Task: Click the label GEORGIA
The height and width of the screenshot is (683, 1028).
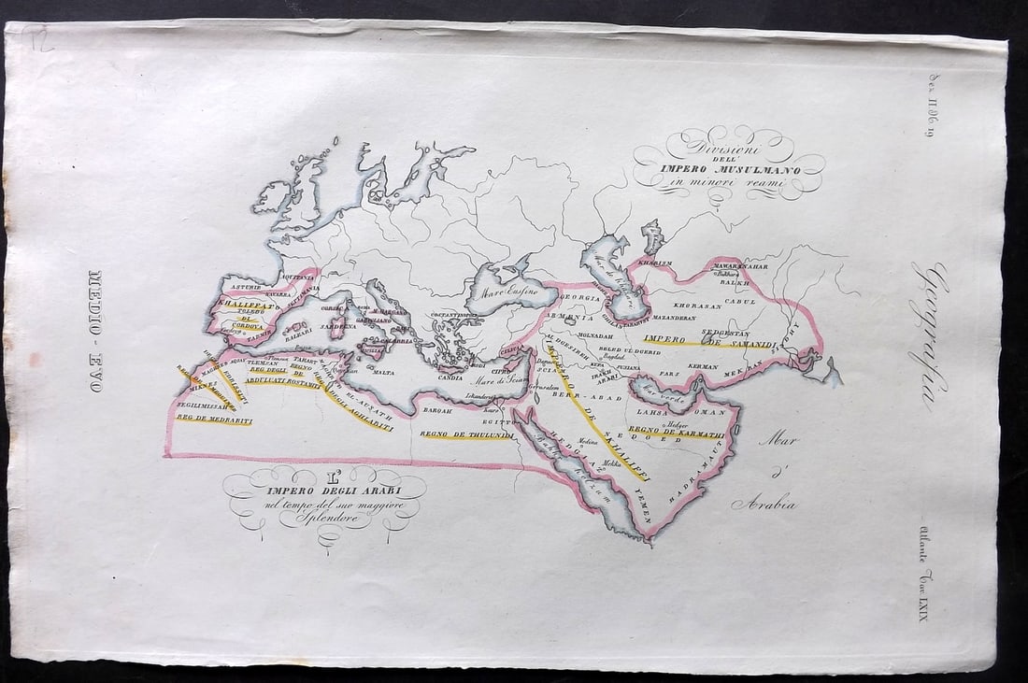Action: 579,297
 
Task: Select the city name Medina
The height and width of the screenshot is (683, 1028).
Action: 588,445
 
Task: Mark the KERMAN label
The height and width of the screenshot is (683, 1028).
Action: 704,367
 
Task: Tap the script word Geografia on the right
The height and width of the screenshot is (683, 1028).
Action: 931,336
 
